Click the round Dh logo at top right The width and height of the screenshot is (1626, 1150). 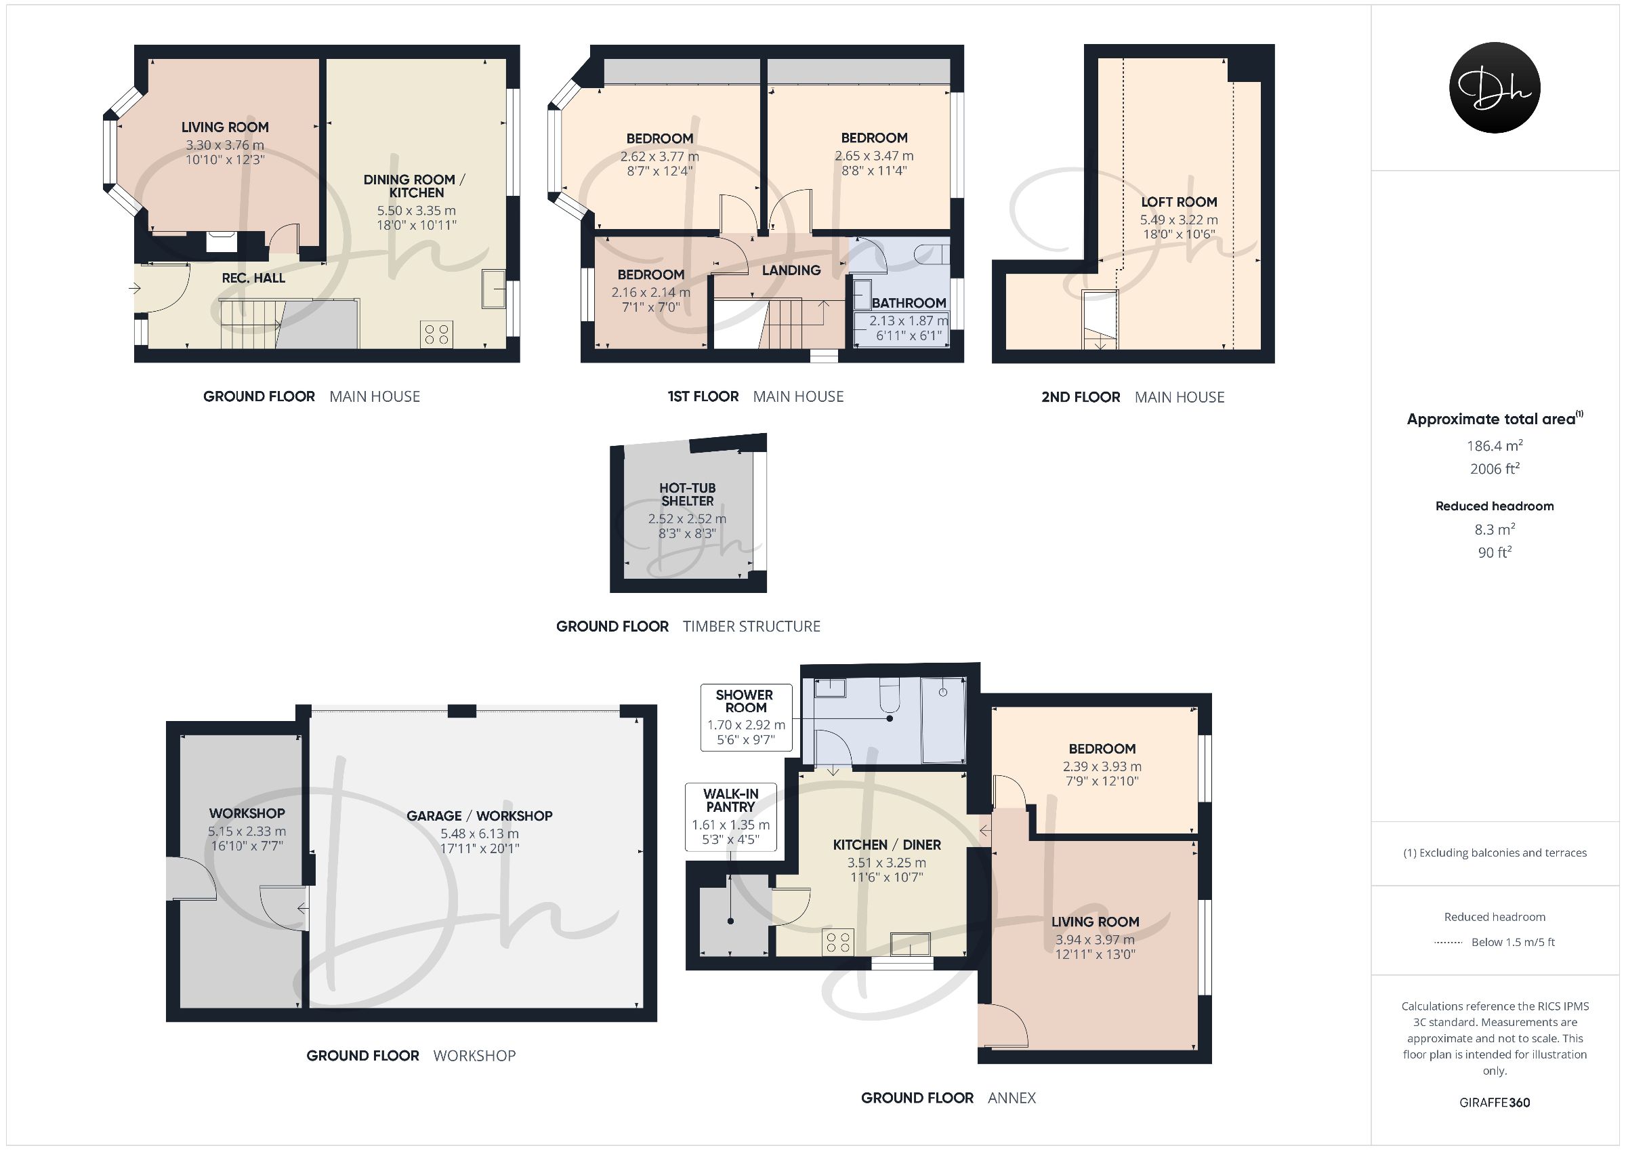click(1495, 87)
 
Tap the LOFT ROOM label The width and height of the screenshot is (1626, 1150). click(1178, 202)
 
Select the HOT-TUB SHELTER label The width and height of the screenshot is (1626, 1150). click(687, 494)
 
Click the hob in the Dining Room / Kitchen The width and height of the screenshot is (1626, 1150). click(436, 335)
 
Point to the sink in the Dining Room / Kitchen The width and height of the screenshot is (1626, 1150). click(495, 289)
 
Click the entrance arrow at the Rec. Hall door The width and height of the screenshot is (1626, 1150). click(135, 289)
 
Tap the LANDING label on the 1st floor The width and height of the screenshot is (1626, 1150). click(791, 270)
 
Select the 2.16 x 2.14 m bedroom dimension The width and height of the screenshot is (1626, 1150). click(650, 292)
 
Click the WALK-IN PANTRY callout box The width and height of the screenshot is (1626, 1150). click(730, 817)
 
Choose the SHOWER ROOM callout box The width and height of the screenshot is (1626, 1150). click(745, 717)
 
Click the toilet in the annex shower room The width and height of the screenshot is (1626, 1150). click(889, 695)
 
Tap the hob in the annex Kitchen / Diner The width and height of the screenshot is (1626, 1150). click(838, 942)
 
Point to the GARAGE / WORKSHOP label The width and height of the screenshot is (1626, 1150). click(480, 815)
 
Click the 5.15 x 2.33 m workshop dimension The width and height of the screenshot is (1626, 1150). click(247, 831)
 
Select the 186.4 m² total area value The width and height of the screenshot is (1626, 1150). click(1495, 445)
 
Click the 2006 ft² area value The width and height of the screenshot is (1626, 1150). click(1495, 468)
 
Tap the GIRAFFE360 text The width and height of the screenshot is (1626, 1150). click(1495, 1103)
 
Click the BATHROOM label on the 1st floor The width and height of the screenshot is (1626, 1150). click(909, 302)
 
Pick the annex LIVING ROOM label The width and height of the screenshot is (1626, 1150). click(1095, 922)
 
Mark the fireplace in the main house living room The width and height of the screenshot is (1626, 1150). click(222, 241)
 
